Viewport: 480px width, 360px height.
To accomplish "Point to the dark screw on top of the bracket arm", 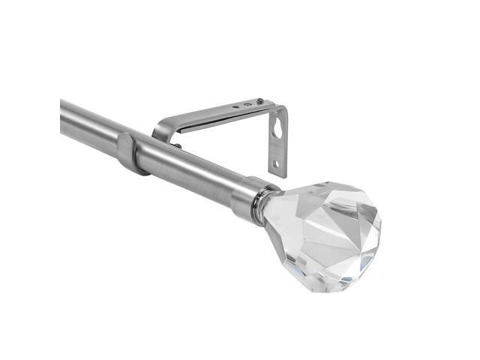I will [259, 101].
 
